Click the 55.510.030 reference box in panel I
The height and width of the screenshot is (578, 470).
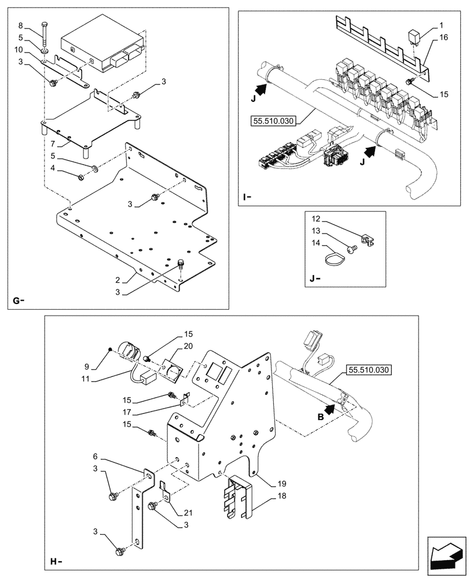[x=273, y=121]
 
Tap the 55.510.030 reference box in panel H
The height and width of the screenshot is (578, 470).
[x=369, y=370]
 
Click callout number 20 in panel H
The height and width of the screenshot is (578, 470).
[x=189, y=346]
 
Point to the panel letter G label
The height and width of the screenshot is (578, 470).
[x=17, y=301]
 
